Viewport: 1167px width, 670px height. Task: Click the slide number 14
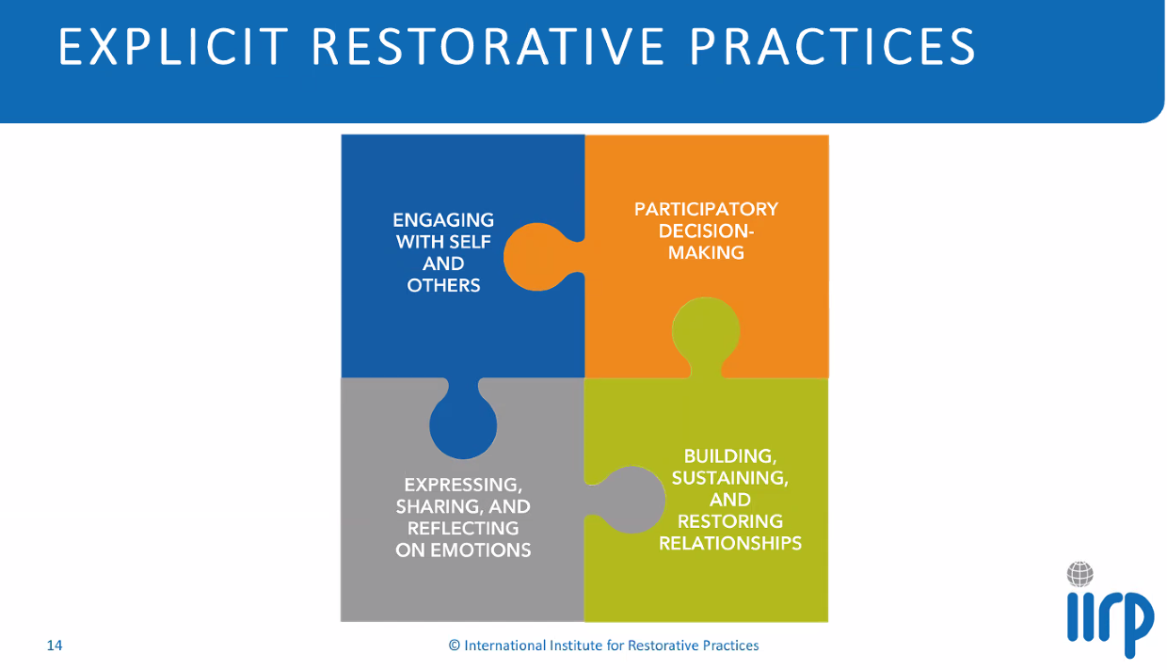tap(55, 646)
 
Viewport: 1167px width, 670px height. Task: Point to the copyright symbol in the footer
tap(455, 646)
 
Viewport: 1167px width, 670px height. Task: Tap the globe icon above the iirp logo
tap(1080, 573)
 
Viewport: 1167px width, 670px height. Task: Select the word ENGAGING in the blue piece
tap(443, 220)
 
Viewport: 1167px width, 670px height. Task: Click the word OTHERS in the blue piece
tap(443, 286)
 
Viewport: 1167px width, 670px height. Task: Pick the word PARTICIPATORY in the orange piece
tap(706, 209)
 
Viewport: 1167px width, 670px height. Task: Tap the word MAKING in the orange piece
tap(706, 253)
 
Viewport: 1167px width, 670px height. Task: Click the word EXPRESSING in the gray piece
tap(463, 485)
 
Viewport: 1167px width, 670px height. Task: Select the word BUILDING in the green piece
tap(730, 456)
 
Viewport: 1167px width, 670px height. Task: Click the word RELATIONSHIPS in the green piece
tap(730, 544)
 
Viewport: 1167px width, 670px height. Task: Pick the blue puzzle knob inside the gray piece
tap(463, 423)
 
